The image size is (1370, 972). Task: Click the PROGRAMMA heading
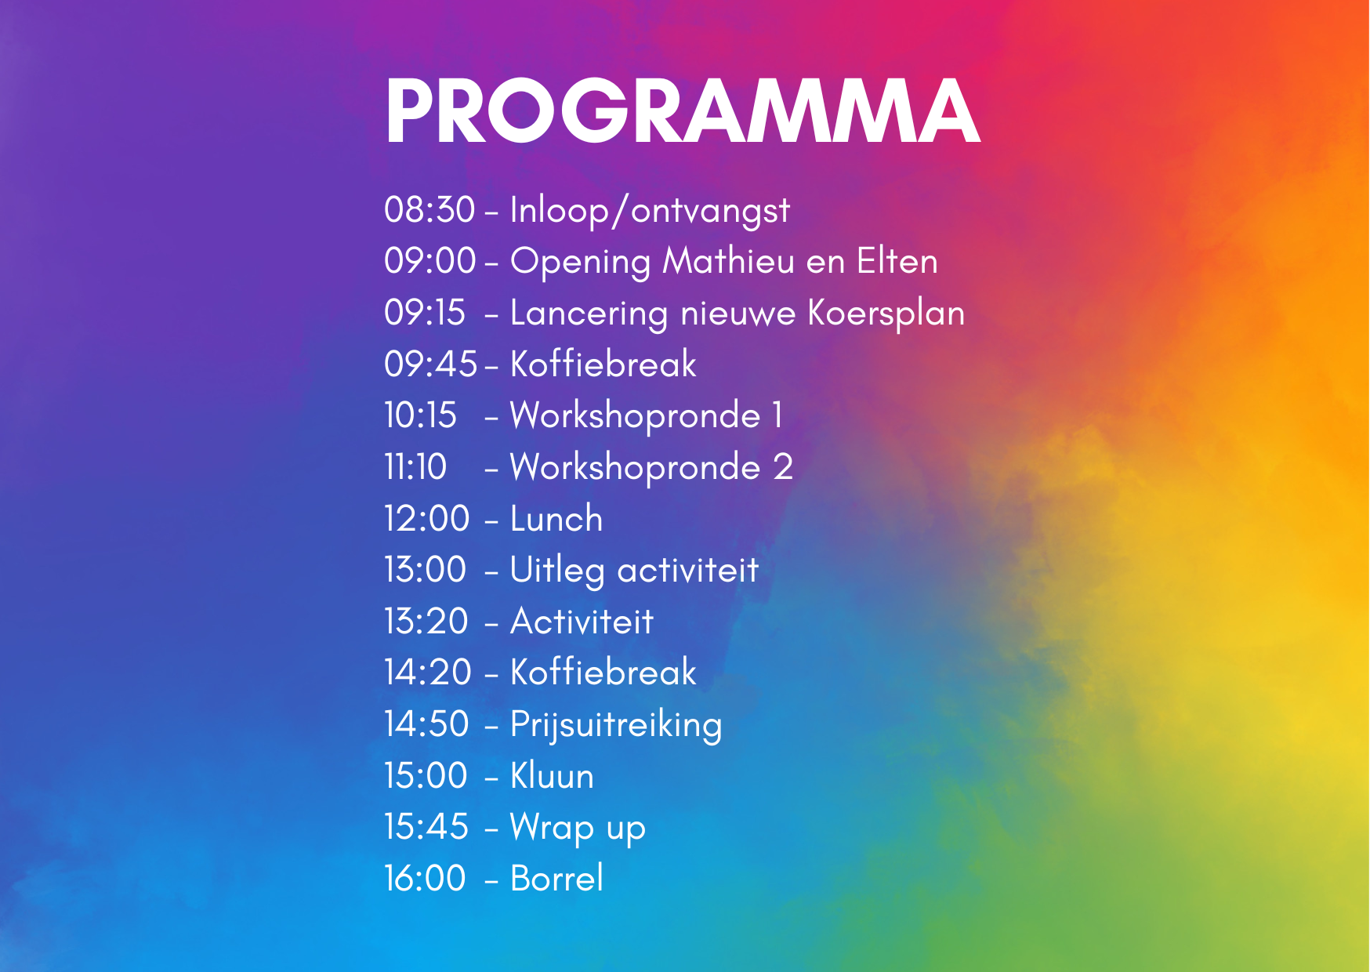[682, 111]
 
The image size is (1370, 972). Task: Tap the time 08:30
[429, 210]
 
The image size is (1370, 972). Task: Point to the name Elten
[897, 261]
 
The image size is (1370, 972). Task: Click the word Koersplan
[886, 314]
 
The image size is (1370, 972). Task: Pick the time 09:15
[425, 313]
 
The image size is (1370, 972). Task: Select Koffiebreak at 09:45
[603, 364]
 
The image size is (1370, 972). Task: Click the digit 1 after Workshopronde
[777, 415]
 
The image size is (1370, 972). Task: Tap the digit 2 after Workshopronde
[784, 467]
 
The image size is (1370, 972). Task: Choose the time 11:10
[415, 467]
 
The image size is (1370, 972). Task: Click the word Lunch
[556, 519]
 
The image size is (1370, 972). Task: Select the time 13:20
[426, 622]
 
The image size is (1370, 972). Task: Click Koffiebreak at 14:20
[603, 673]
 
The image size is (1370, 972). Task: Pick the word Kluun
[553, 776]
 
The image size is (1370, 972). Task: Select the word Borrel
[557, 879]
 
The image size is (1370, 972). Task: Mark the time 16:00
[425, 879]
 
